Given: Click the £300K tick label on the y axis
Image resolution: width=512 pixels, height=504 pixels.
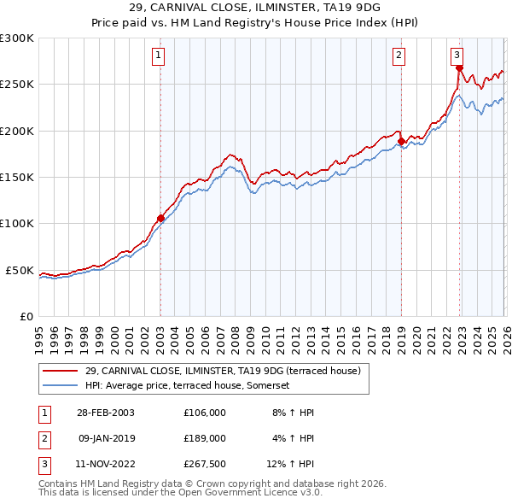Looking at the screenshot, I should coord(17,38).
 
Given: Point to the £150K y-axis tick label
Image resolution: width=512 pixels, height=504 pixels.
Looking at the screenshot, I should coord(17,177).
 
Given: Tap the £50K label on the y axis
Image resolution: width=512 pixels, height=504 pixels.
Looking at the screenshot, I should coord(20,270).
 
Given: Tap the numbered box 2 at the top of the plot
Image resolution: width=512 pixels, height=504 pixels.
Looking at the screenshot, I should coord(399,56).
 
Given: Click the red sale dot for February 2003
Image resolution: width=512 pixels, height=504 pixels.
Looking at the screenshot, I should coord(160,218).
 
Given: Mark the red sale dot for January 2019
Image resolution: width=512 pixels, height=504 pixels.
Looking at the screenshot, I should coord(401,141).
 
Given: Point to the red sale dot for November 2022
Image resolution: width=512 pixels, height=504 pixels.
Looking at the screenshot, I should coord(459,68).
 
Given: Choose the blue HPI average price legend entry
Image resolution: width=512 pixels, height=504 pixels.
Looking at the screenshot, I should coord(188,385).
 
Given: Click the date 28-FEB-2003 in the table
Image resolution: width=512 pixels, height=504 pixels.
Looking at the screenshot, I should coord(106,413).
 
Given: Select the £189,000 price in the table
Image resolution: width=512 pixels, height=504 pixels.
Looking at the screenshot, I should coord(205,438).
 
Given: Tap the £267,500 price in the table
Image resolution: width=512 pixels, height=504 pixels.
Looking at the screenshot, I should coord(205,464).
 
